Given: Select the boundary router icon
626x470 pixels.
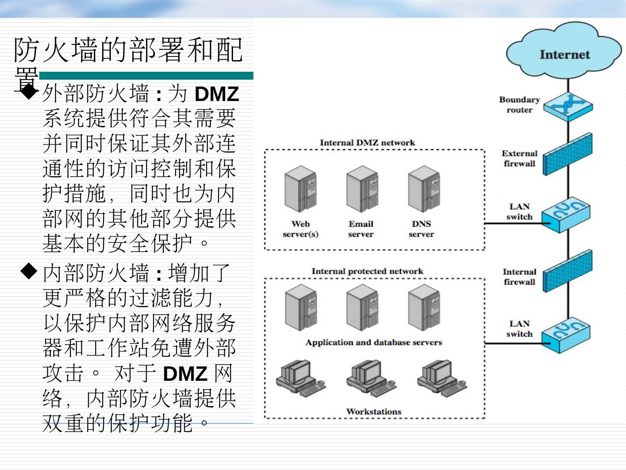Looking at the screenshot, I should pyautogui.click(x=568, y=105).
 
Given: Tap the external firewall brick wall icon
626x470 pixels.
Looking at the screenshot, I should pyautogui.click(x=568, y=154).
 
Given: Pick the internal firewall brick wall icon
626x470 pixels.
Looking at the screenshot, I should pyautogui.click(x=568, y=272).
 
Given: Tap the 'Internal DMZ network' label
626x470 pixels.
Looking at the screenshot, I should pyautogui.click(x=367, y=143).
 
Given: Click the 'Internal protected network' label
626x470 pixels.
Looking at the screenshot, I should pyautogui.click(x=367, y=271).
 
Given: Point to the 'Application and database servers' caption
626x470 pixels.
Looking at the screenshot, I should pyautogui.click(x=373, y=342).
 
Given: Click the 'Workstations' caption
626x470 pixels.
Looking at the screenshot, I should pyautogui.click(x=373, y=411).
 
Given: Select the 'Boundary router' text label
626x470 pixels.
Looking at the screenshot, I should pyautogui.click(x=519, y=105).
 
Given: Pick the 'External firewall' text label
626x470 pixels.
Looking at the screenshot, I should pyautogui.click(x=519, y=158).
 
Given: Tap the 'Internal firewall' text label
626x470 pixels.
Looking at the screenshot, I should pyautogui.click(x=519, y=277).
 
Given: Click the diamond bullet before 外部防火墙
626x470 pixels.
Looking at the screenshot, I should pyautogui.click(x=29, y=92).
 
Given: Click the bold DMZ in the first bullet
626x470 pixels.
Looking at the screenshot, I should pyautogui.click(x=217, y=94).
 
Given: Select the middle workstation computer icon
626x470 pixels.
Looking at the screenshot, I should pyautogui.click(x=370, y=377).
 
